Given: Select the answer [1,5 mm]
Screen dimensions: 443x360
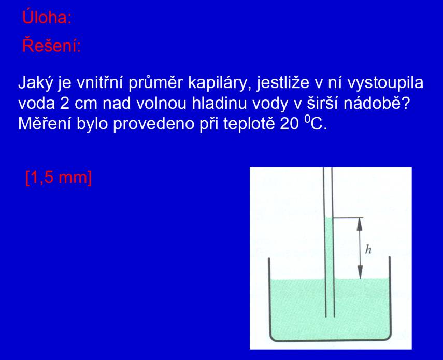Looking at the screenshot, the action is tap(59, 178).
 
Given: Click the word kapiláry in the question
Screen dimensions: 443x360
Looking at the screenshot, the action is tap(220, 83).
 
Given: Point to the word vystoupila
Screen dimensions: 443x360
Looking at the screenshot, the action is tap(385, 83).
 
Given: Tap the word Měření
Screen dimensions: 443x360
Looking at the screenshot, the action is tap(45, 124).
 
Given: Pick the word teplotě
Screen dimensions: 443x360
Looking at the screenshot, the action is tap(249, 124).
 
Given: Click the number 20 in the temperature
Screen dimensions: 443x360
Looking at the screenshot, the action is tap(289, 124).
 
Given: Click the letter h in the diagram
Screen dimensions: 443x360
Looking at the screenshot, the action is tap(368, 250).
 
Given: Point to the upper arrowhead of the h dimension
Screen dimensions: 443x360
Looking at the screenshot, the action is tap(360, 223).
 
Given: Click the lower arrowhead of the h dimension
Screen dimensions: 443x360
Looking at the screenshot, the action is tap(360, 272).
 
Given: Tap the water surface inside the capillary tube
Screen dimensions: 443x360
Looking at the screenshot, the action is tap(328, 217).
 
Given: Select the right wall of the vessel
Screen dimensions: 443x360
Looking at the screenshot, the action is tap(390, 296).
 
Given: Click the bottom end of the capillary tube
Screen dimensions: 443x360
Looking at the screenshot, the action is tap(330, 316).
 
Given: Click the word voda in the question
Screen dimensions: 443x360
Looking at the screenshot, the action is tap(36, 104).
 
